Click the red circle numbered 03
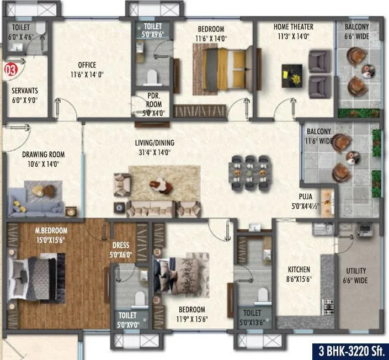pos(9,70)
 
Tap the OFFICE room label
pos(87,64)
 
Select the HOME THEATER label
pos(293,27)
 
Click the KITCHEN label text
pos(299,269)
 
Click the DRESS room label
pos(121,246)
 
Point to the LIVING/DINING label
pos(154,143)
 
